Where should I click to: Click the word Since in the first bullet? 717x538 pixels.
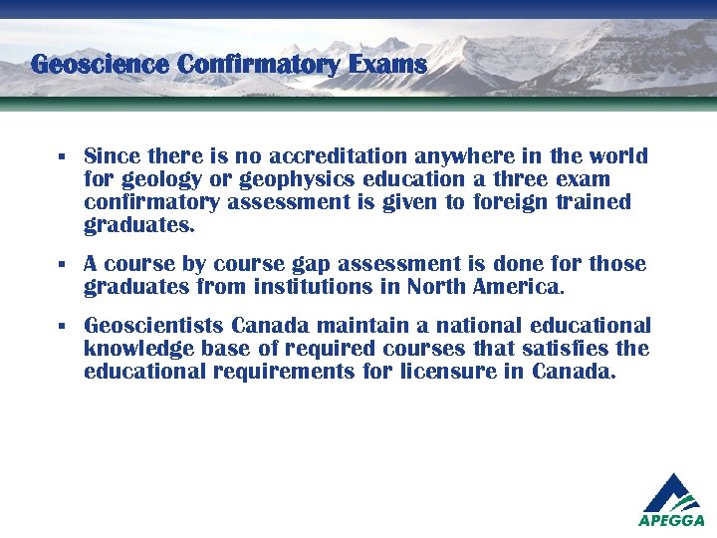tap(112, 156)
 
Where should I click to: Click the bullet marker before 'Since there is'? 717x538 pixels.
tap(61, 157)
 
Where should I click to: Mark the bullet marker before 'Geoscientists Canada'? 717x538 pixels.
tap(61, 327)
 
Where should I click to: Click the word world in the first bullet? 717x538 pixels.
tap(617, 156)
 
